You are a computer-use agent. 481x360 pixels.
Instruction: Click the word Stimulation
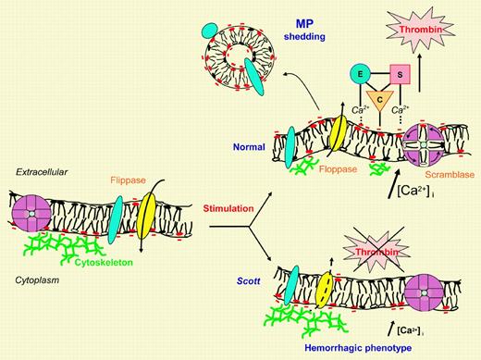(x=229, y=208)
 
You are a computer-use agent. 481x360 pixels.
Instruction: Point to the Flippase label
(x=126, y=169)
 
